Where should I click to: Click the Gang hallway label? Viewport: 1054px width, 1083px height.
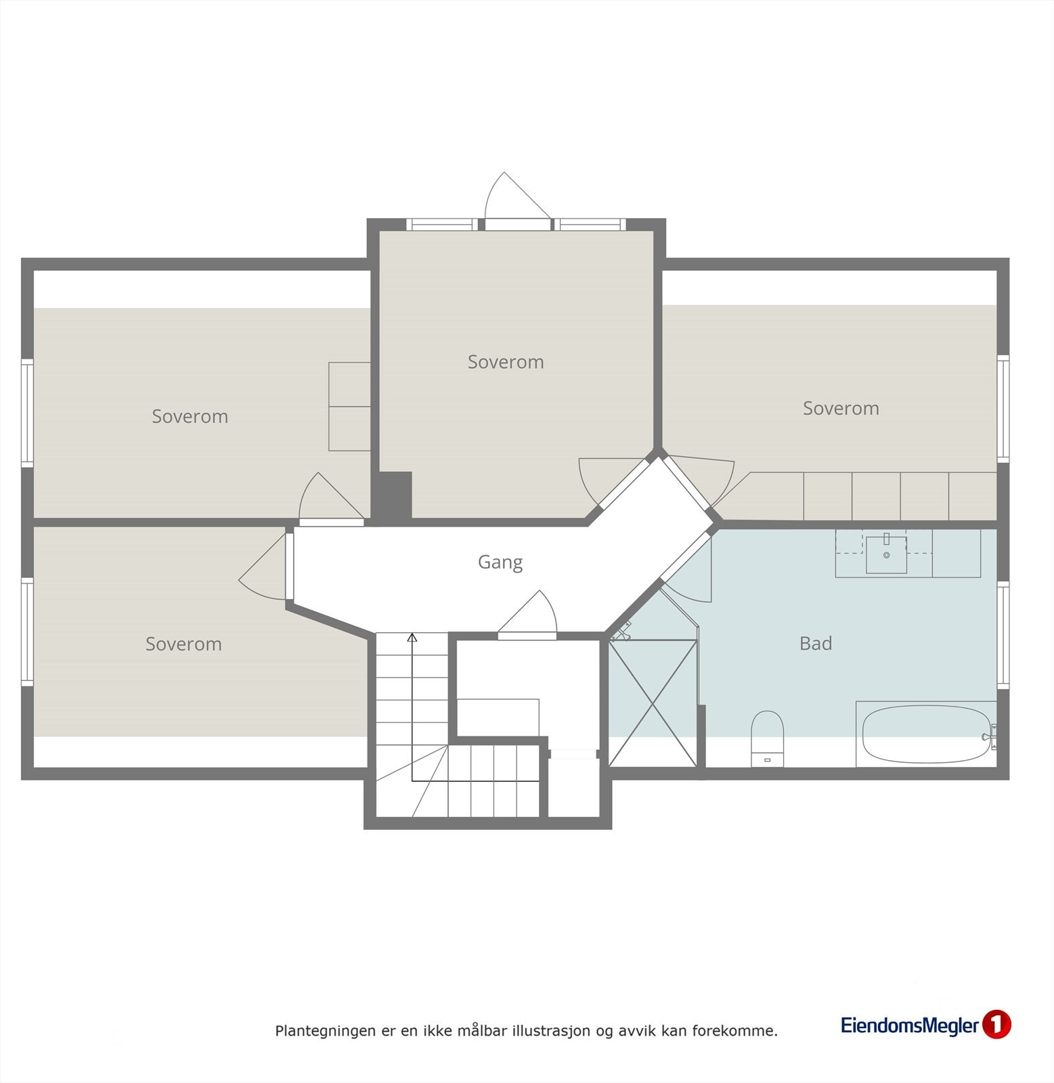pos(500,562)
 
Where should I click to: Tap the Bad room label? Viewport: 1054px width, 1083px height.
pos(815,643)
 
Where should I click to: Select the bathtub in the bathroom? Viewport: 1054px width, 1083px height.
pos(924,734)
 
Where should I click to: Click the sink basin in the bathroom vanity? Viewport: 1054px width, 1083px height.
pos(886,554)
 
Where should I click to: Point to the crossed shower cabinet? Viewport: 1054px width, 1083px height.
pos(653,703)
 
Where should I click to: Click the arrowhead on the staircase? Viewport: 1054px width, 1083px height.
pos(412,637)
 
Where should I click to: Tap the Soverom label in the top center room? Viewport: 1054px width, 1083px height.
pos(506,362)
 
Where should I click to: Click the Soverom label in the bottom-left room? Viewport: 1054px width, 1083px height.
pos(183,644)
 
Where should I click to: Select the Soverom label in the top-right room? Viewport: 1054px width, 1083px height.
pos(841,408)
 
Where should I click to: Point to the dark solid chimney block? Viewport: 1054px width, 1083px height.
pos(395,495)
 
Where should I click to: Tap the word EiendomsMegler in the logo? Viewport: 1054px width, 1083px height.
pos(910,1025)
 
